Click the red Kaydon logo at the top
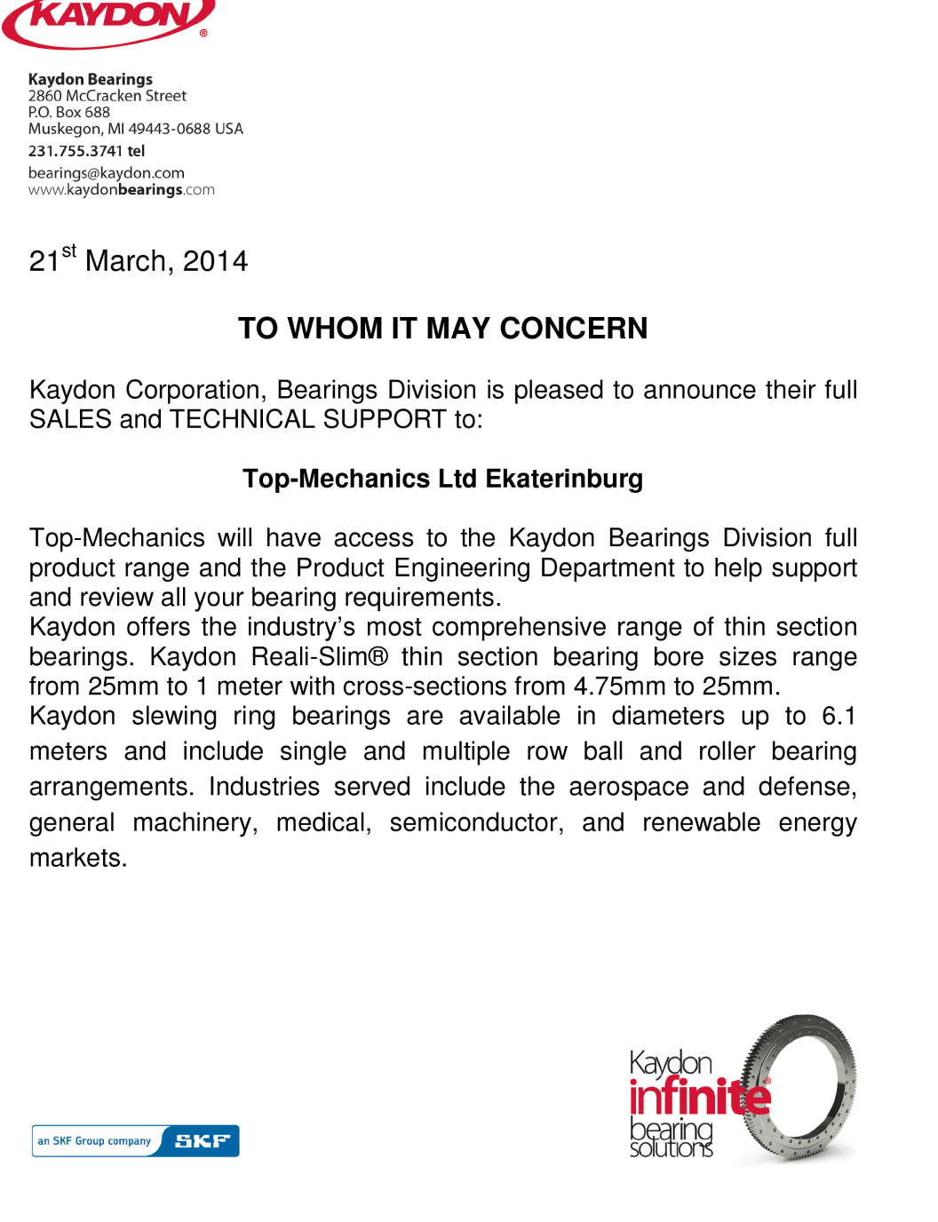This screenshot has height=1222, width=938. (108, 21)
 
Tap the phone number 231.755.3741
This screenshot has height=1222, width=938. (76, 151)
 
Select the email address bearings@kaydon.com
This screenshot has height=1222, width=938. (106, 173)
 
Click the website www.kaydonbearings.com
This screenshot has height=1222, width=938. (121, 190)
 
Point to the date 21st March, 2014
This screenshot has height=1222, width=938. (138, 260)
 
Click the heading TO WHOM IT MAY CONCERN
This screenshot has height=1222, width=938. (442, 329)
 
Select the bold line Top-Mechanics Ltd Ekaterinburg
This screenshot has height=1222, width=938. (442, 479)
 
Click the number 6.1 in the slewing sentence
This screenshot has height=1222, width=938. (839, 716)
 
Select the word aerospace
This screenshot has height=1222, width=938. (629, 787)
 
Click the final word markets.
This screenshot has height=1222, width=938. (78, 858)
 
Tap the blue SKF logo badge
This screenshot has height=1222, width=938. (203, 1141)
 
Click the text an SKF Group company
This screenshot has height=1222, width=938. (94, 1141)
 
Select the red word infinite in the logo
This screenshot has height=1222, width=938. (699, 1097)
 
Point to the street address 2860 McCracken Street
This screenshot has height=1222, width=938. (107, 96)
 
